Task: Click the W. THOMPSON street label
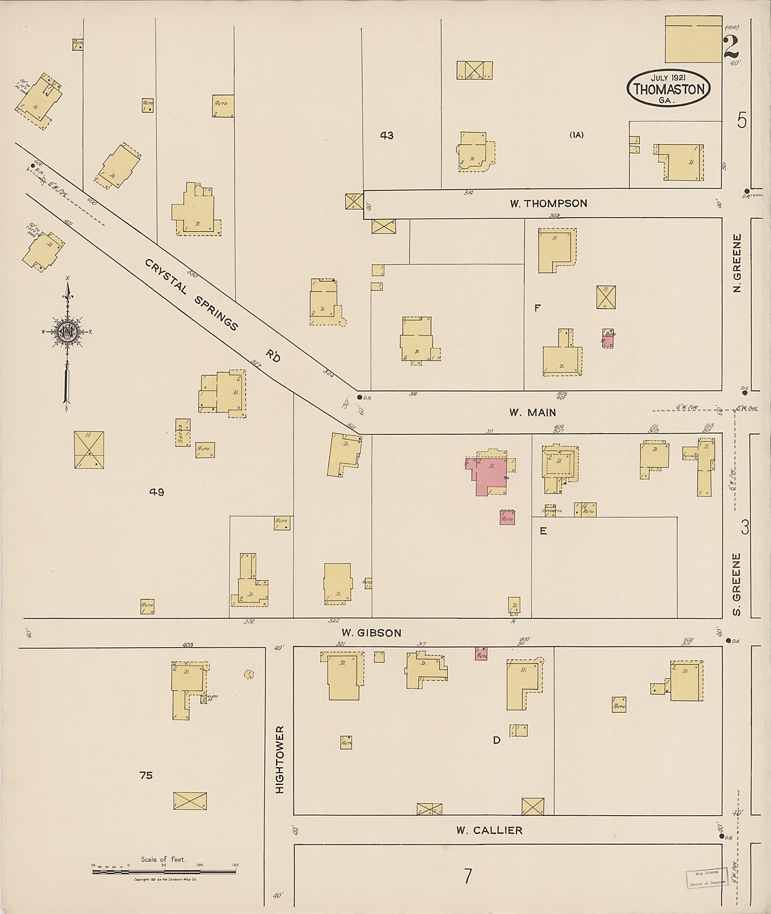point(548,204)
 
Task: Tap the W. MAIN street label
point(532,412)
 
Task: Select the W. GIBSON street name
point(371,633)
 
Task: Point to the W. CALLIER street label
point(489,830)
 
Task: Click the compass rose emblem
point(68,332)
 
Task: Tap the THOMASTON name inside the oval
point(669,90)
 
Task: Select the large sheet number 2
point(731,47)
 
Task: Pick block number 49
point(157,493)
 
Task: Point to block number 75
point(146,775)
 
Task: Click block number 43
point(386,135)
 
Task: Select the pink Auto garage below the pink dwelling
point(507,518)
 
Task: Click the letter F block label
point(537,308)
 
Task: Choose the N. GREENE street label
point(737,263)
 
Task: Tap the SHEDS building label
point(180,432)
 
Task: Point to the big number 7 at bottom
point(468,876)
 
